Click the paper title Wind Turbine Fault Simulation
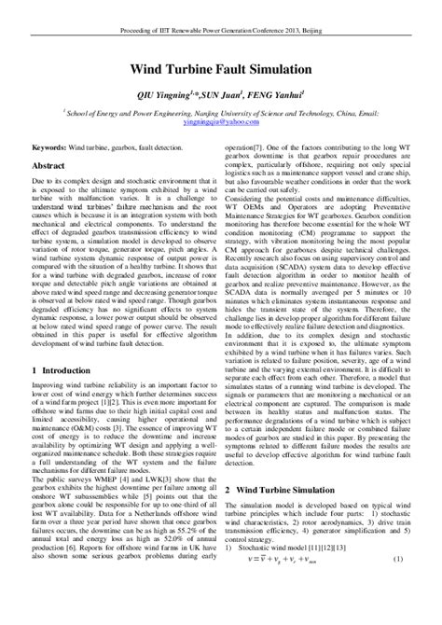tap(221, 69)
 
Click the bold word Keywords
tap(48, 148)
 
